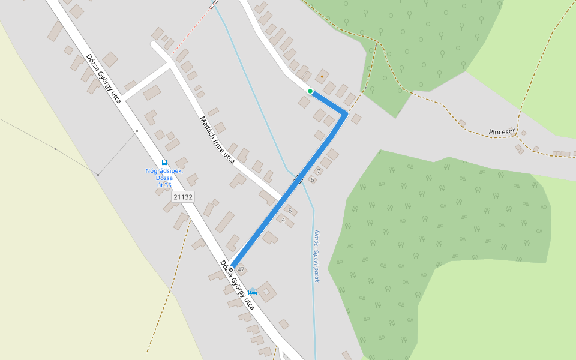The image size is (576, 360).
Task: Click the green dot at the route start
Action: coord(310,91)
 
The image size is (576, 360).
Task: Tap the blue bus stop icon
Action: coord(164,163)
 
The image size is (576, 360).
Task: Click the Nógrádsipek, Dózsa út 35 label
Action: coord(164,178)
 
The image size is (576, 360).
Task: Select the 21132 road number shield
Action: coord(182,197)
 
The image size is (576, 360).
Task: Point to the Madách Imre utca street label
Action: coord(217,140)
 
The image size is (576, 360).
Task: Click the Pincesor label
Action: coord(502,131)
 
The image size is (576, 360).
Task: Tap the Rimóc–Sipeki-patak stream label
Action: coord(316,256)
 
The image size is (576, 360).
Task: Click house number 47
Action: coord(241,269)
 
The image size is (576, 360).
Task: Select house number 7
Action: coord(318,172)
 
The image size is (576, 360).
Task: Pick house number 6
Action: coord(312,180)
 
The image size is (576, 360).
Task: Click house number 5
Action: coord(290,211)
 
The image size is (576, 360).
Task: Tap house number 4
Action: coord(283,220)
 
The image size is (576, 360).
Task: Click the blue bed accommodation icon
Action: coord(252,292)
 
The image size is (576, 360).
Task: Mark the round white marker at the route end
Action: coord(230,269)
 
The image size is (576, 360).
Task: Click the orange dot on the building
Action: coord(322,76)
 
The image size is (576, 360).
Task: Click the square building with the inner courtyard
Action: coord(267,292)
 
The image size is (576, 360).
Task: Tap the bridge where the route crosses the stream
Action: coord(298,179)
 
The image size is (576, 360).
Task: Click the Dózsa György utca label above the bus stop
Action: coord(103,78)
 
